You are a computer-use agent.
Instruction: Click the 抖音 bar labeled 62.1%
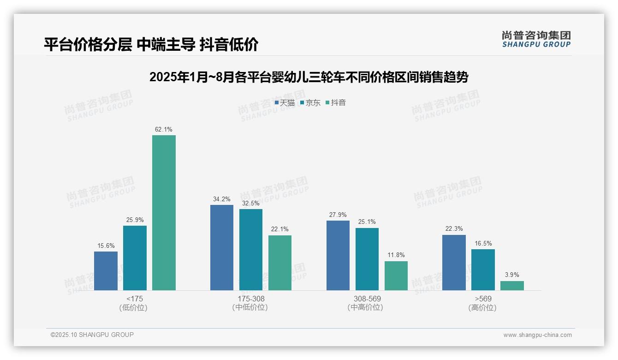pyautogui.click(x=164, y=212)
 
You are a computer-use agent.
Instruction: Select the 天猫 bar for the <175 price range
pyautogui.click(x=106, y=271)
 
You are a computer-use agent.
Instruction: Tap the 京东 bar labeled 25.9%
pyautogui.click(x=135, y=258)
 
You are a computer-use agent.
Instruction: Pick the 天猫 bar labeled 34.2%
pyautogui.click(x=222, y=247)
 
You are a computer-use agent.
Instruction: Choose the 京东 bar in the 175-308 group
pyautogui.click(x=251, y=250)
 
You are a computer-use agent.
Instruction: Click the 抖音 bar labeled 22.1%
pyautogui.click(x=280, y=263)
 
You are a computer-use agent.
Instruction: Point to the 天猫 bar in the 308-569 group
pyautogui.click(x=338, y=255)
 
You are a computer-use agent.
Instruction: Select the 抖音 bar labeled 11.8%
pyautogui.click(x=396, y=276)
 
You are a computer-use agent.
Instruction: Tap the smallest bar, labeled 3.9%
pyautogui.click(x=512, y=286)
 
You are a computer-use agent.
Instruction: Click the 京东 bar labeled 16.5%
pyautogui.click(x=483, y=270)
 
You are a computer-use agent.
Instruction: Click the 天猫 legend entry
pyautogui.click(x=285, y=102)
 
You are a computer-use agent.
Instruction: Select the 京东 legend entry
pyautogui.click(x=310, y=102)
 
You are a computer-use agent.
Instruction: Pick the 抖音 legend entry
pyautogui.click(x=336, y=102)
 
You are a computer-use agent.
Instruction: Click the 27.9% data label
pyautogui.click(x=338, y=215)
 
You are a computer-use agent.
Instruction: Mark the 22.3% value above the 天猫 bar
pyautogui.click(x=454, y=229)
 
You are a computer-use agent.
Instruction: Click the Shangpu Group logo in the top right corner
pyautogui.click(x=536, y=39)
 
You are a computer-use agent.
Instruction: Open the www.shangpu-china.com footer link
pyautogui.click(x=537, y=335)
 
